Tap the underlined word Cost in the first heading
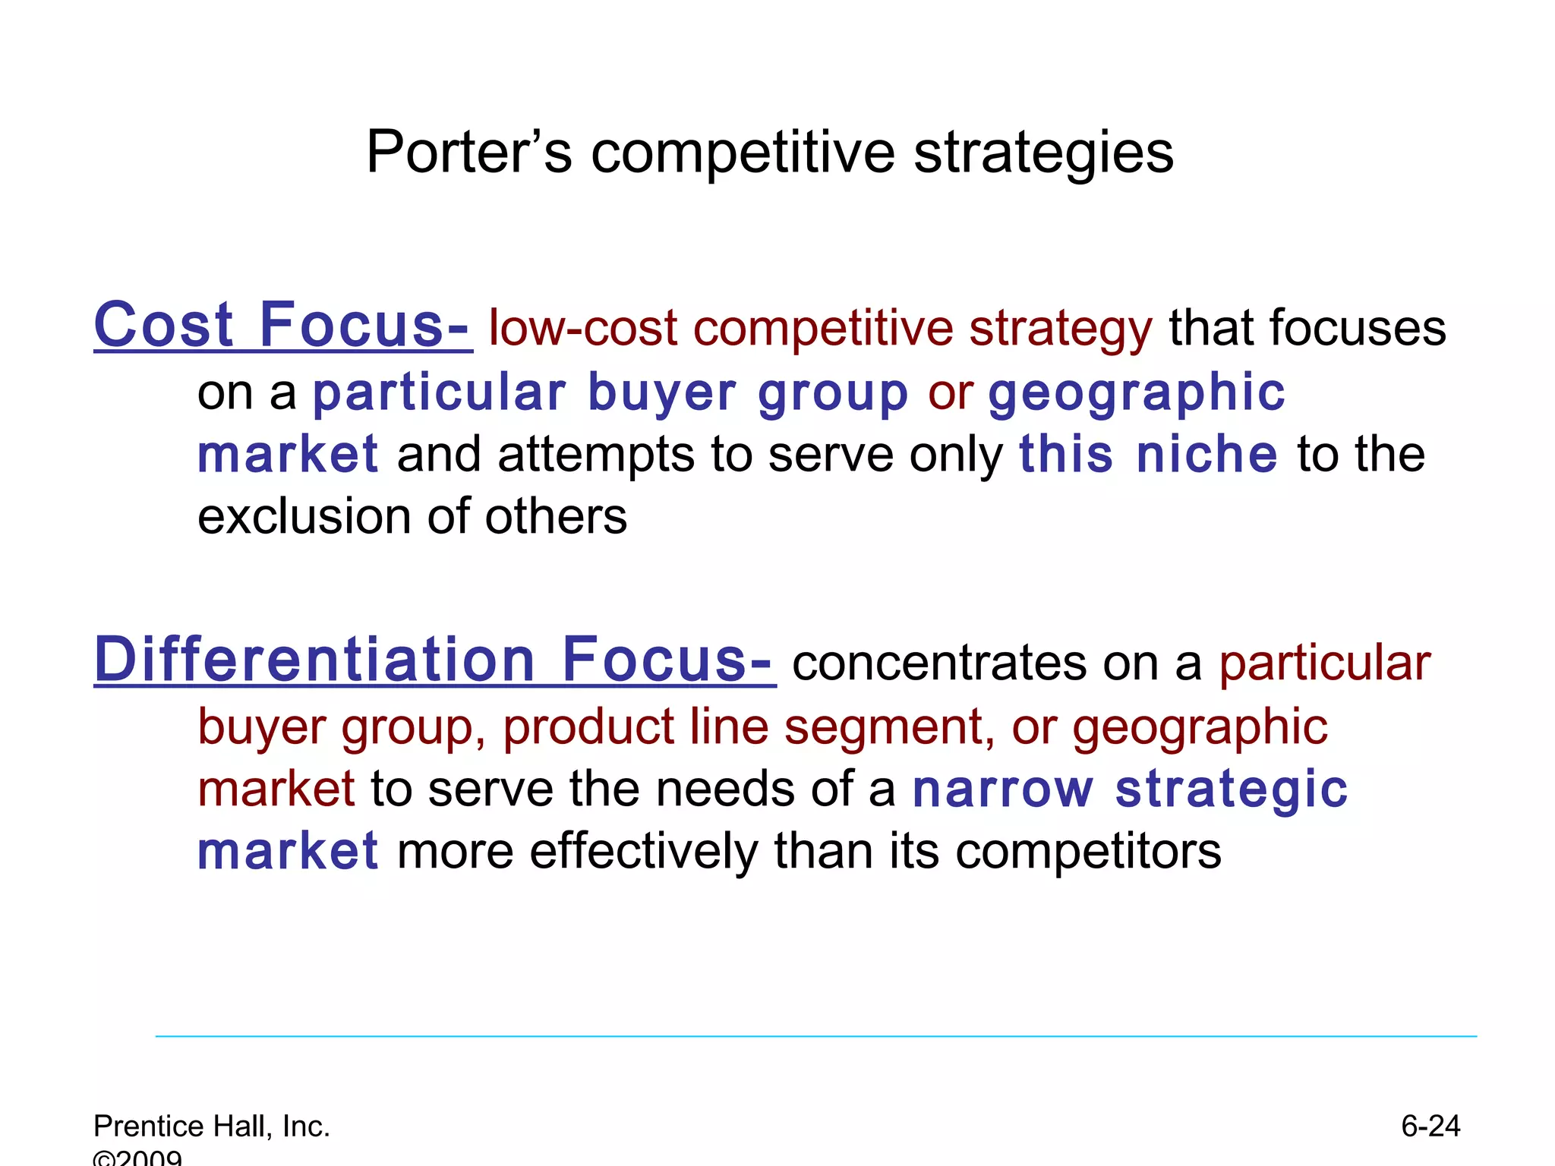pyautogui.click(x=163, y=325)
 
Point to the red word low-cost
pyautogui.click(x=582, y=329)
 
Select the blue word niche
pyautogui.click(x=1206, y=454)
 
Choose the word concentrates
pyautogui.click(x=940, y=663)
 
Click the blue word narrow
pyautogui.click(x=1003, y=789)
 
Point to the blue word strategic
pyautogui.click(x=1232, y=789)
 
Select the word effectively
pyautogui.click(x=643, y=851)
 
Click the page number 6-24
pyautogui.click(x=1430, y=1126)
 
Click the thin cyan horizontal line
pyautogui.click(x=816, y=1036)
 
